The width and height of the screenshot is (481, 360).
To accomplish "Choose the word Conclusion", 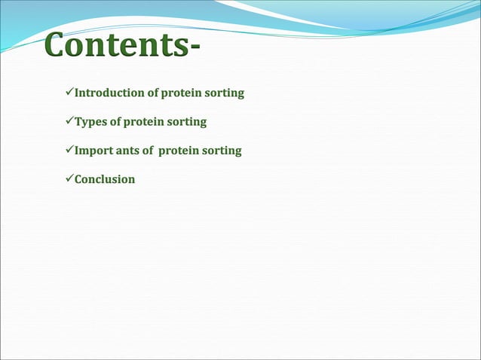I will point(105,179).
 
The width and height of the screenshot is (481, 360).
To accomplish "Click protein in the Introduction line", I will point(183,93).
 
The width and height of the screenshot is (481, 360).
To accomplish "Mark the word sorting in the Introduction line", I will point(225,93).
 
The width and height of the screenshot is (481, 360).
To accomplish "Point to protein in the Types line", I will point(146,122).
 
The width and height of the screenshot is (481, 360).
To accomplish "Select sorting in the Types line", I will point(187,122).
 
